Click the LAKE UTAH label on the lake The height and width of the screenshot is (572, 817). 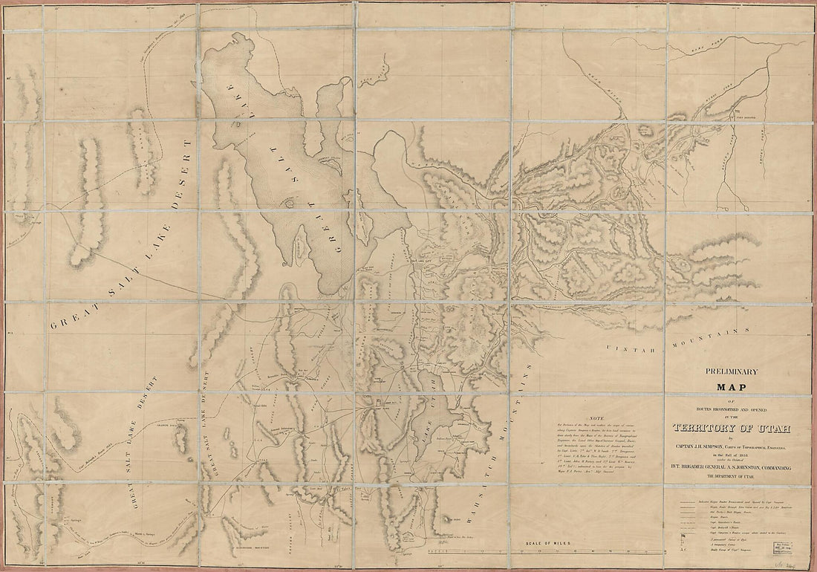pyautogui.click(x=426, y=423)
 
